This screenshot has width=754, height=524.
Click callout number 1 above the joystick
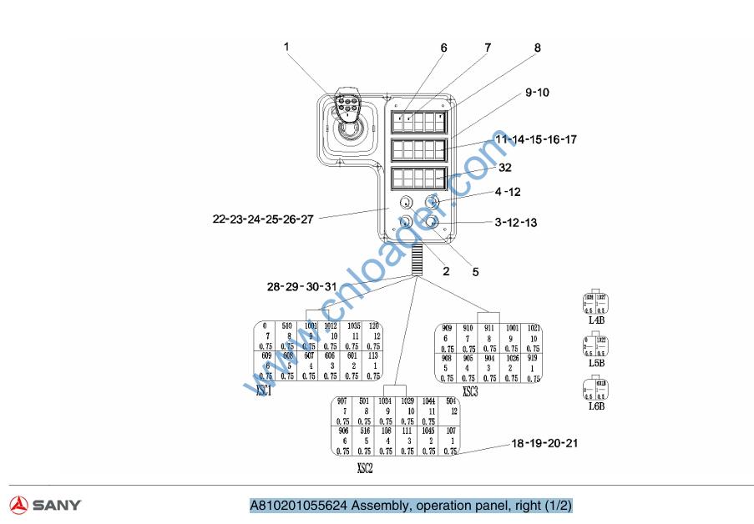coord(286,47)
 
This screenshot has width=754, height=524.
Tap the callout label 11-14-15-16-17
coord(535,139)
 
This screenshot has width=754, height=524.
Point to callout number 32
coord(504,167)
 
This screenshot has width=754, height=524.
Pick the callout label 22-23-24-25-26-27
coord(263,219)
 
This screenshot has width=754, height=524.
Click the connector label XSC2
coord(364,468)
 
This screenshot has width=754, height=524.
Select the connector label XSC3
coord(470,391)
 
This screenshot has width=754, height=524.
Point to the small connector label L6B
coord(596,406)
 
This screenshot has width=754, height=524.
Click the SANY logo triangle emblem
coord(19,505)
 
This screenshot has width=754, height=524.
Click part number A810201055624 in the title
coord(298,506)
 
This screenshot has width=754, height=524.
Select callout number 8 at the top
coord(537,48)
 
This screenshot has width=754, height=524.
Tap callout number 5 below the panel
coord(475,271)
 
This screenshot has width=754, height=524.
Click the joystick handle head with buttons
coord(346,106)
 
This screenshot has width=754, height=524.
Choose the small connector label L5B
coord(596,363)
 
